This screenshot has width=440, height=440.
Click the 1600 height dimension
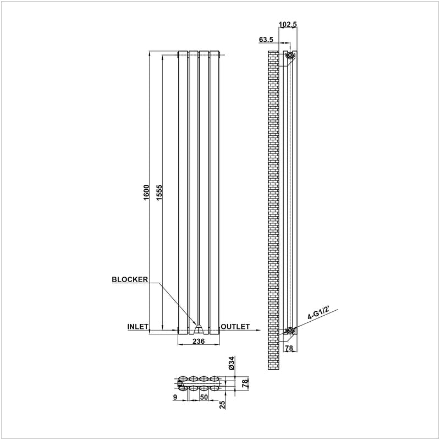tap(146, 193)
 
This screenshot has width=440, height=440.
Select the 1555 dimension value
tap(159, 193)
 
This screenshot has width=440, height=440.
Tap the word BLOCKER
tap(130, 279)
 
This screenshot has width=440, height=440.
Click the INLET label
tap(138, 327)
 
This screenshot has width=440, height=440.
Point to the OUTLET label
tap(235, 327)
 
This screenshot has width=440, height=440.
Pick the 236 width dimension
tap(199, 341)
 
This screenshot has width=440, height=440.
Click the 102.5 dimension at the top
tap(288, 24)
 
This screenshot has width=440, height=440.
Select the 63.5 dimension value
tap(266, 40)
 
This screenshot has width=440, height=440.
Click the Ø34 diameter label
tap(232, 363)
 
